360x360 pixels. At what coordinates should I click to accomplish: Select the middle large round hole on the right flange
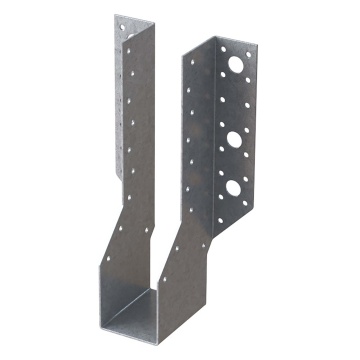(x=236, y=138)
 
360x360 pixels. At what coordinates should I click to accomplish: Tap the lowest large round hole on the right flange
(x=235, y=186)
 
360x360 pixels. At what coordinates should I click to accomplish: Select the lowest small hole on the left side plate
(x=120, y=229)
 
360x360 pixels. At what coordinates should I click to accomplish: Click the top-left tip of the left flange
(x=115, y=16)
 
